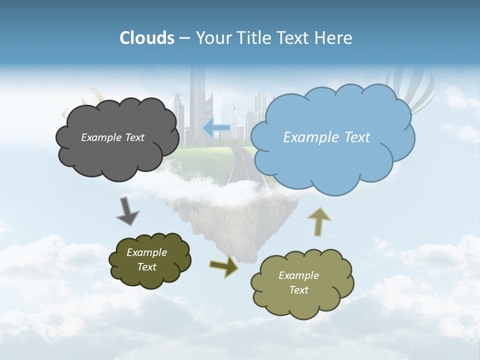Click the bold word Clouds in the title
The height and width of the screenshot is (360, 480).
tap(146, 38)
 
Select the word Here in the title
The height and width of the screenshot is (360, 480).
tap(334, 38)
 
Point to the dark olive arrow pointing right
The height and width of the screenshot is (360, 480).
tap(223, 266)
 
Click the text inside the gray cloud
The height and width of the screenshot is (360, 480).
tap(112, 137)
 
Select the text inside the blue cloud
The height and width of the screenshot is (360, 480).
tap(326, 137)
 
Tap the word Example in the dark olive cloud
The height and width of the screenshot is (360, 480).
tap(146, 252)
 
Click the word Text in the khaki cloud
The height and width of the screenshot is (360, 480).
tap(299, 290)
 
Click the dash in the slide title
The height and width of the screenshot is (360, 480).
tap(184, 38)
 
